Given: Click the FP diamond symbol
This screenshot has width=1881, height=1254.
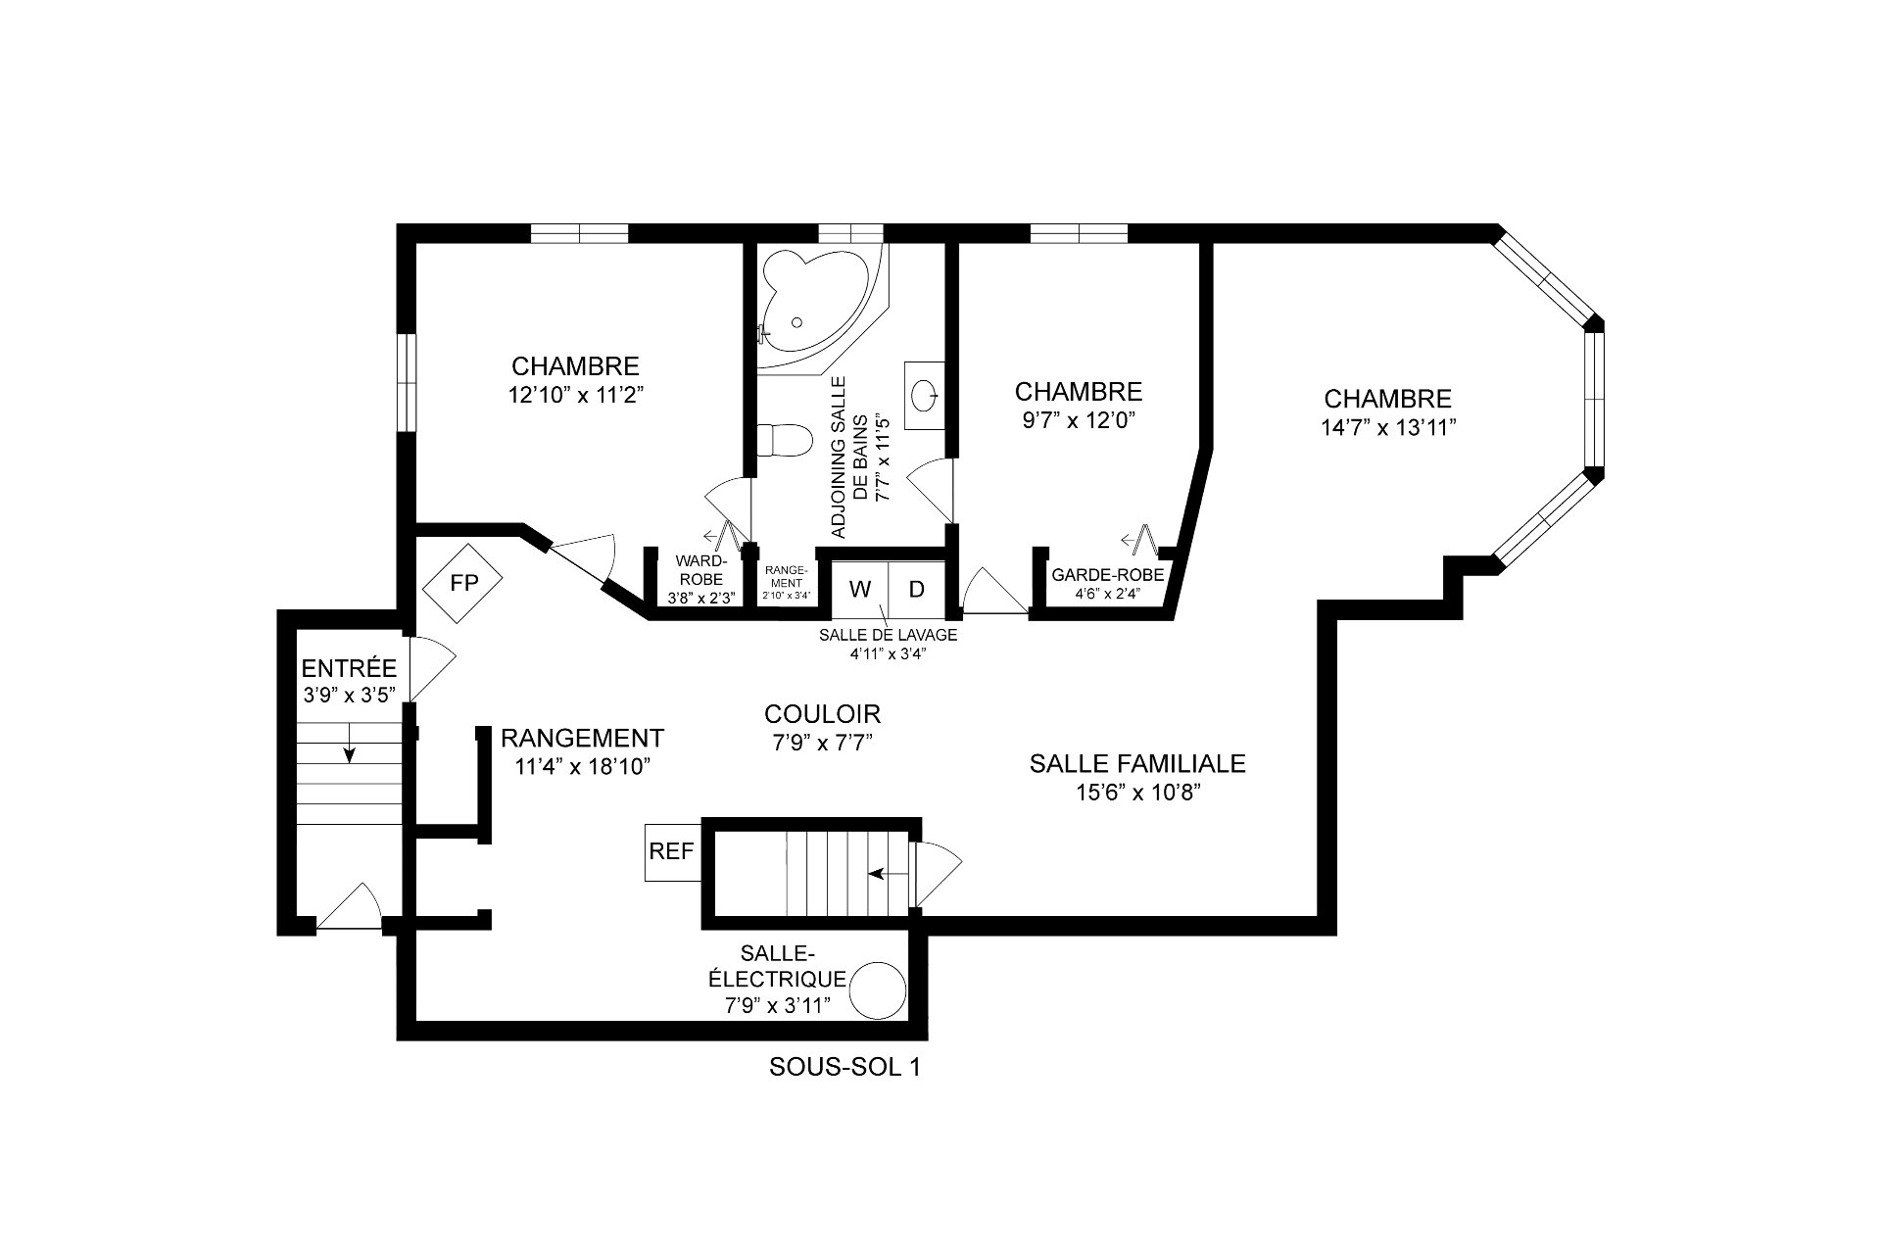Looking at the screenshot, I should (462, 585).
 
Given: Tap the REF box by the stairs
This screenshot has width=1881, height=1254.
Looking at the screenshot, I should (672, 852).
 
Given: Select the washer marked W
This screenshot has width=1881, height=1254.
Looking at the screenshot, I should (860, 589).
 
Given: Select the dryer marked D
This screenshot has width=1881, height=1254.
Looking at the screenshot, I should (917, 589).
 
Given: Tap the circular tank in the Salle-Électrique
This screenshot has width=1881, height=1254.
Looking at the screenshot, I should (878, 991).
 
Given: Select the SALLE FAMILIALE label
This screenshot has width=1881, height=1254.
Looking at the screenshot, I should (1137, 763).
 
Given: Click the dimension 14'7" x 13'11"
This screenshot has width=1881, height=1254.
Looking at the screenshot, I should (1388, 428).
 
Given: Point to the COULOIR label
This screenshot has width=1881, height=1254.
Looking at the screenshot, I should (822, 713).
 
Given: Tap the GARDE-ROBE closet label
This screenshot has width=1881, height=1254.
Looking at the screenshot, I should (1108, 575).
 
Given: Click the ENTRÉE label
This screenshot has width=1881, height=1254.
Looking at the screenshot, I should (349, 669).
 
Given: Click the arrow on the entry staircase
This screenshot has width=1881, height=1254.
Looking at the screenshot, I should (349, 751).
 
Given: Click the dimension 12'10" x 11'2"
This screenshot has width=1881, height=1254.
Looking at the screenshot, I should (575, 395).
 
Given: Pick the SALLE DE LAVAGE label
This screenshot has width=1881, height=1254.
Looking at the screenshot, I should (888, 635).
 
